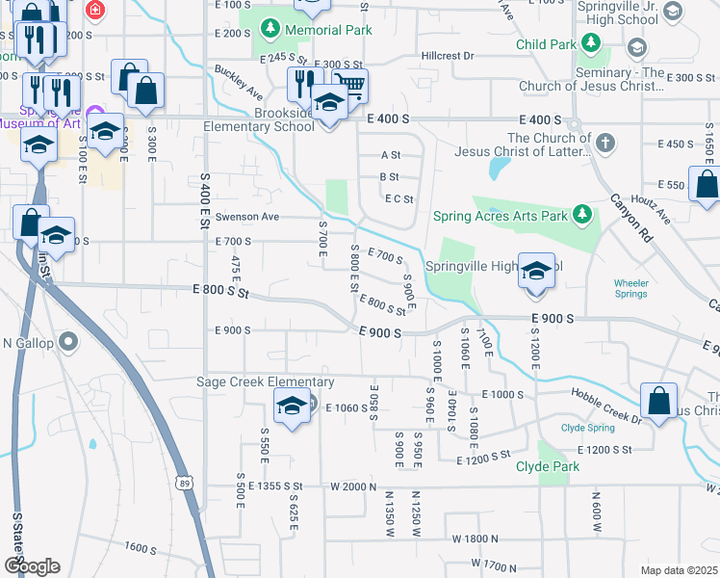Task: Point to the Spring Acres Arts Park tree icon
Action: [582, 213]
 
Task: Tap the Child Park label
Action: [545, 44]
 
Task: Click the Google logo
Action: [32, 566]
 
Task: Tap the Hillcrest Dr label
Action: [448, 56]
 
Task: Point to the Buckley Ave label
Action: [240, 83]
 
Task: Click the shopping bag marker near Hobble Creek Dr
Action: [658, 401]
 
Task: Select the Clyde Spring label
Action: [586, 428]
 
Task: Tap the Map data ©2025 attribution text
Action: [678, 570]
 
